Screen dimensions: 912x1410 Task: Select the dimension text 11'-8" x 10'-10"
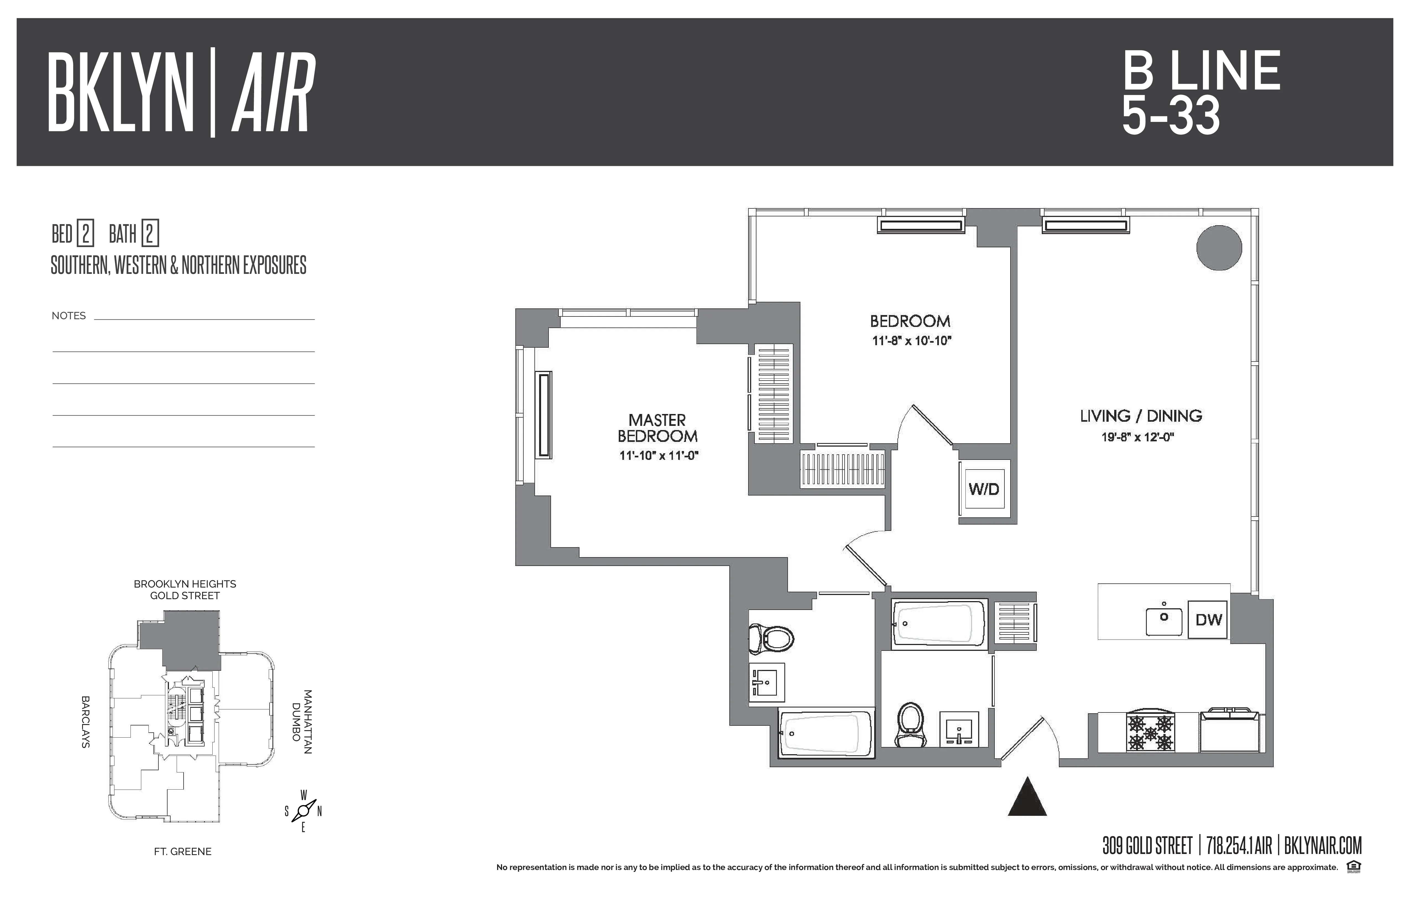click(x=911, y=341)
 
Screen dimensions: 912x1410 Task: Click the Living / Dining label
click(x=1140, y=416)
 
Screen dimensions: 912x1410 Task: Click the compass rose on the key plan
click(x=303, y=810)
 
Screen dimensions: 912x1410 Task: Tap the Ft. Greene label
click(x=182, y=851)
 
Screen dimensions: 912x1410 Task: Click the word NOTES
click(x=69, y=316)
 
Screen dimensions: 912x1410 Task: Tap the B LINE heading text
click(x=1201, y=71)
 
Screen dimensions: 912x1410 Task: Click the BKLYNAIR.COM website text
click(x=1322, y=846)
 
